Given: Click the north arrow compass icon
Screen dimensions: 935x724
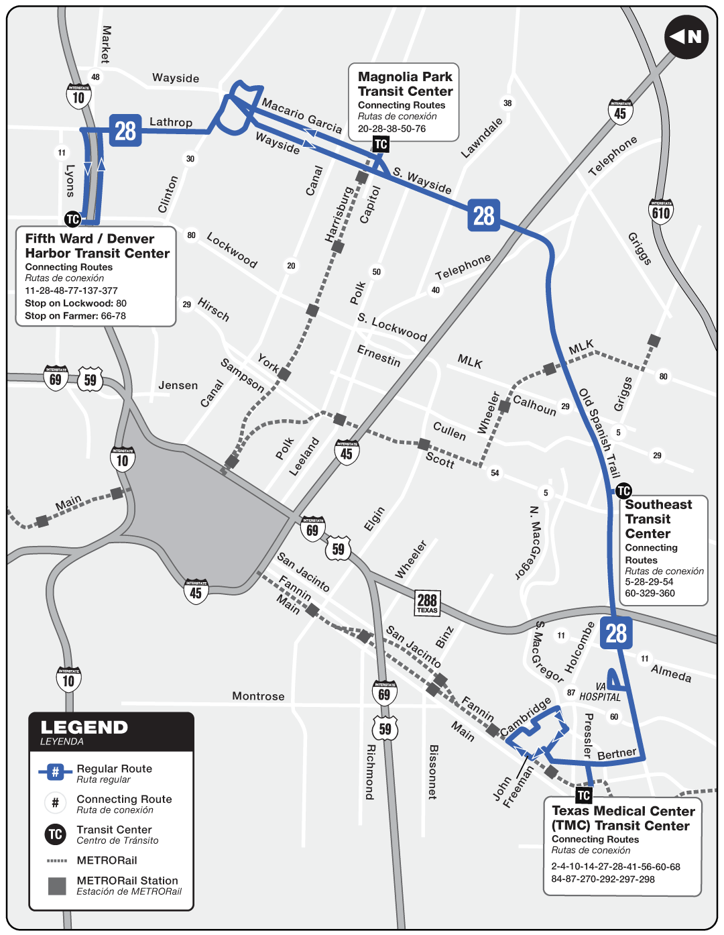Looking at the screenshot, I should pyautogui.click(x=686, y=37).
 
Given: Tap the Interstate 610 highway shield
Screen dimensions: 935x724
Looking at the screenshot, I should pyautogui.click(x=661, y=212).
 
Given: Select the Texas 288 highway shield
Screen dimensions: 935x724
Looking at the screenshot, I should pyautogui.click(x=427, y=602).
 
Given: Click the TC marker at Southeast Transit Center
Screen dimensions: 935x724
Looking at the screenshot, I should pyautogui.click(x=623, y=491).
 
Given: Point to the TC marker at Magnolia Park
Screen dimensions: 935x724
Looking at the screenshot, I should pyautogui.click(x=381, y=144).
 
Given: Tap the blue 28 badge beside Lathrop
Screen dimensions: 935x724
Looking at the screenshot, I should pyautogui.click(x=125, y=131).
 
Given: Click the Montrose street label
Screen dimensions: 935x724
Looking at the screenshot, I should pyautogui.click(x=258, y=696).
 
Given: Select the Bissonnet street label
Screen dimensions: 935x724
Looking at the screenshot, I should pyautogui.click(x=432, y=771).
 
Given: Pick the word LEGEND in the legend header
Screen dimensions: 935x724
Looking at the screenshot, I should pyautogui.click(x=84, y=728).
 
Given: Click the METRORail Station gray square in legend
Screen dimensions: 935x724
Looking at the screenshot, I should pyautogui.click(x=57, y=886).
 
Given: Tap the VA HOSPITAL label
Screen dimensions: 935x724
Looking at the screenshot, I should pyautogui.click(x=600, y=692).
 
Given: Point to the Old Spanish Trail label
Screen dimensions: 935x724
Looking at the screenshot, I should pyautogui.click(x=599, y=432).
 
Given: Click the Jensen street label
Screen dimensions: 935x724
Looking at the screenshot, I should pyautogui.click(x=178, y=386).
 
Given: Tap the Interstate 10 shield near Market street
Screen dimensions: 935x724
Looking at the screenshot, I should pyautogui.click(x=78, y=97).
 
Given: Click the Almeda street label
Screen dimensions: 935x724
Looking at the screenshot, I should pyautogui.click(x=671, y=673).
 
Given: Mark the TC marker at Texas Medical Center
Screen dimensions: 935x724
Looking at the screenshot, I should pyautogui.click(x=584, y=795).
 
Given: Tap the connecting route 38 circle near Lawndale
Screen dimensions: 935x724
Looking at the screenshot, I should pyautogui.click(x=507, y=103).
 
